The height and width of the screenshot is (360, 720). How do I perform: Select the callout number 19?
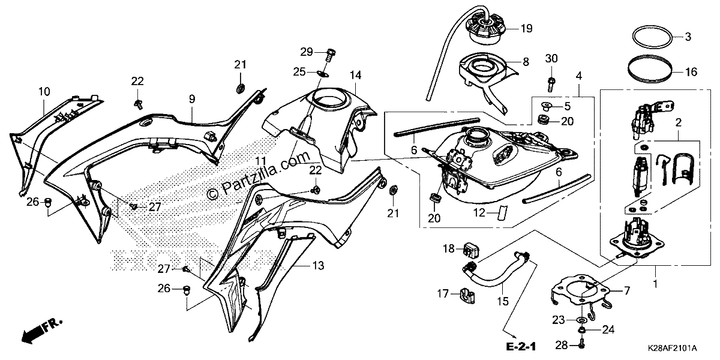(x=527, y=29)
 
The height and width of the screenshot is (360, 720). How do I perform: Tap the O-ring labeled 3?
(x=653, y=37)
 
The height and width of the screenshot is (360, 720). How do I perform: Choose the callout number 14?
(x=355, y=75)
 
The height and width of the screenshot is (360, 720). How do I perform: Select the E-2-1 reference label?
(x=521, y=347)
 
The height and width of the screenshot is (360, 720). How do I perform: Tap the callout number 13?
(x=318, y=266)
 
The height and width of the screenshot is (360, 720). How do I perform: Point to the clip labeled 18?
(x=472, y=250)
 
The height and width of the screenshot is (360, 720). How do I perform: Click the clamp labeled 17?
(x=467, y=295)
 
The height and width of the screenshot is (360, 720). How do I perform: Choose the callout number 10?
(x=44, y=92)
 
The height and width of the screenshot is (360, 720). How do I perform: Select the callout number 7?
(x=627, y=291)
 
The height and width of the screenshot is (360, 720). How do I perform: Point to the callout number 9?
(x=192, y=99)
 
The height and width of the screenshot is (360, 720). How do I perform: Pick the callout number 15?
(x=503, y=301)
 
